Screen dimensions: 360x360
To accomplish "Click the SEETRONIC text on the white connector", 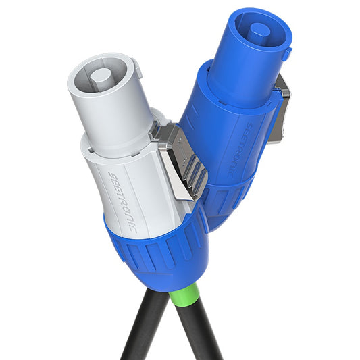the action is pos(123,202).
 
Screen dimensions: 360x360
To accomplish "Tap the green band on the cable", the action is pos(184,295).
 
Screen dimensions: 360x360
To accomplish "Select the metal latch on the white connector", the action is pos(179,160).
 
